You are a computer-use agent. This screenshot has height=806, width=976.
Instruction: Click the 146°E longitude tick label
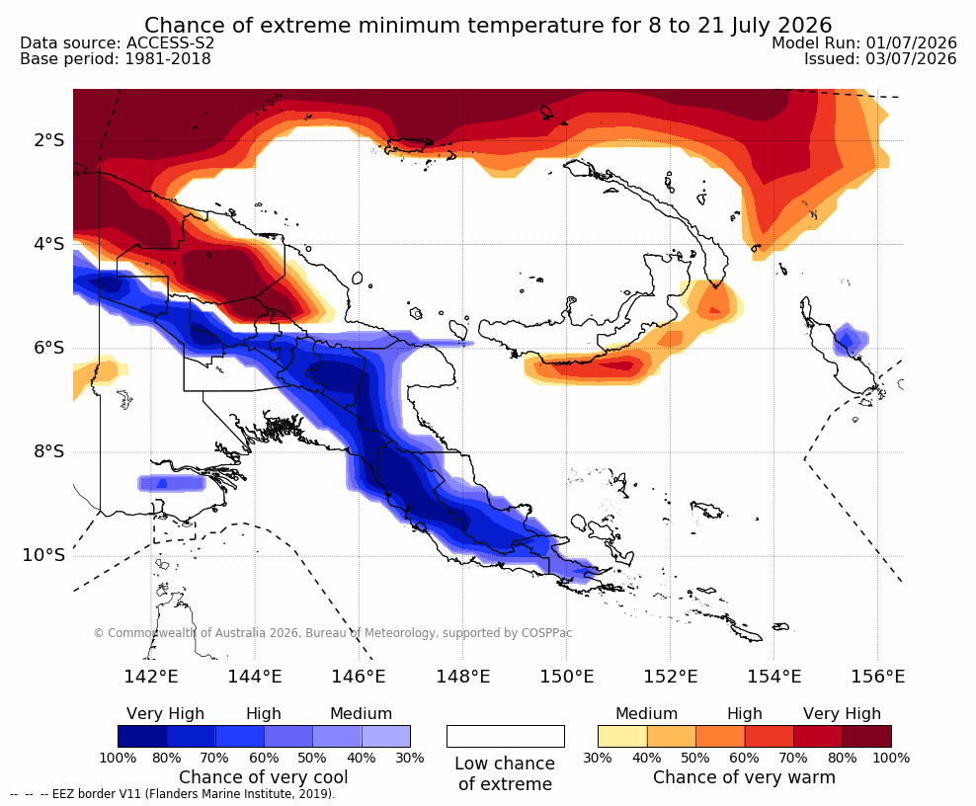358,676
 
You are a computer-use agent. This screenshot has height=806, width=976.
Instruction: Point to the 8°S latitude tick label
49,451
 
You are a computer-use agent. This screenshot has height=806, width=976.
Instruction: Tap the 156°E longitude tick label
877,676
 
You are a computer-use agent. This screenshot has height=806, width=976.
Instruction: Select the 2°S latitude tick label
49,140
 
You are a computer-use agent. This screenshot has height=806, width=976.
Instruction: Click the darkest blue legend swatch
142,736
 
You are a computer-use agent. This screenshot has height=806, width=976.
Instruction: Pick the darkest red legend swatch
867,736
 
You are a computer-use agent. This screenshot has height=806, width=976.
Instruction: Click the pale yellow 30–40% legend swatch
622,736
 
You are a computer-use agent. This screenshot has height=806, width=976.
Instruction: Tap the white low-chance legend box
506,736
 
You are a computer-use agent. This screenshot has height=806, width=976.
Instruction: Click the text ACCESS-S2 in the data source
170,42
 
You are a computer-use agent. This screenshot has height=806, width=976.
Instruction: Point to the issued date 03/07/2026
911,58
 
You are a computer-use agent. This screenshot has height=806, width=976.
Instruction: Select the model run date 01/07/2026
911,42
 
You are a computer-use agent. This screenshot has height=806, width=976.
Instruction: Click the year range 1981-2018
168,58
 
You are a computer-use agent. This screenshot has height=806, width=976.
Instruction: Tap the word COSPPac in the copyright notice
546,633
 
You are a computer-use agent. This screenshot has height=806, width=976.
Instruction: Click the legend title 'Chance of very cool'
264,777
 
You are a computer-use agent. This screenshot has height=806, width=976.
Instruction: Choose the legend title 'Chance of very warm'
744,777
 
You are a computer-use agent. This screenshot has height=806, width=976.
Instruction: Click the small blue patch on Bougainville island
849,339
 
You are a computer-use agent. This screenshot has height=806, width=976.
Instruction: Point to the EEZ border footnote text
172,794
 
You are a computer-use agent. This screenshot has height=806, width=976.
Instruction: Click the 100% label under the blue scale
118,758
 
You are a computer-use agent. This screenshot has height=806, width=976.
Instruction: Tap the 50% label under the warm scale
695,758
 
